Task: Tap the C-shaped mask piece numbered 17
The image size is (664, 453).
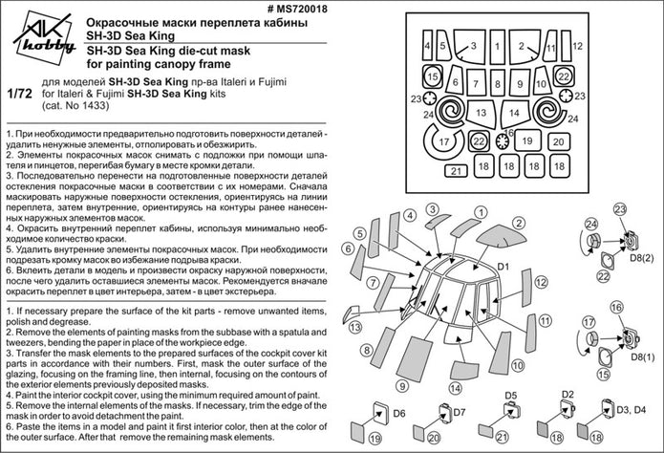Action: tap(443, 143)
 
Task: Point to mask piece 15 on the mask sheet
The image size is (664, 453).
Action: tap(433, 76)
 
